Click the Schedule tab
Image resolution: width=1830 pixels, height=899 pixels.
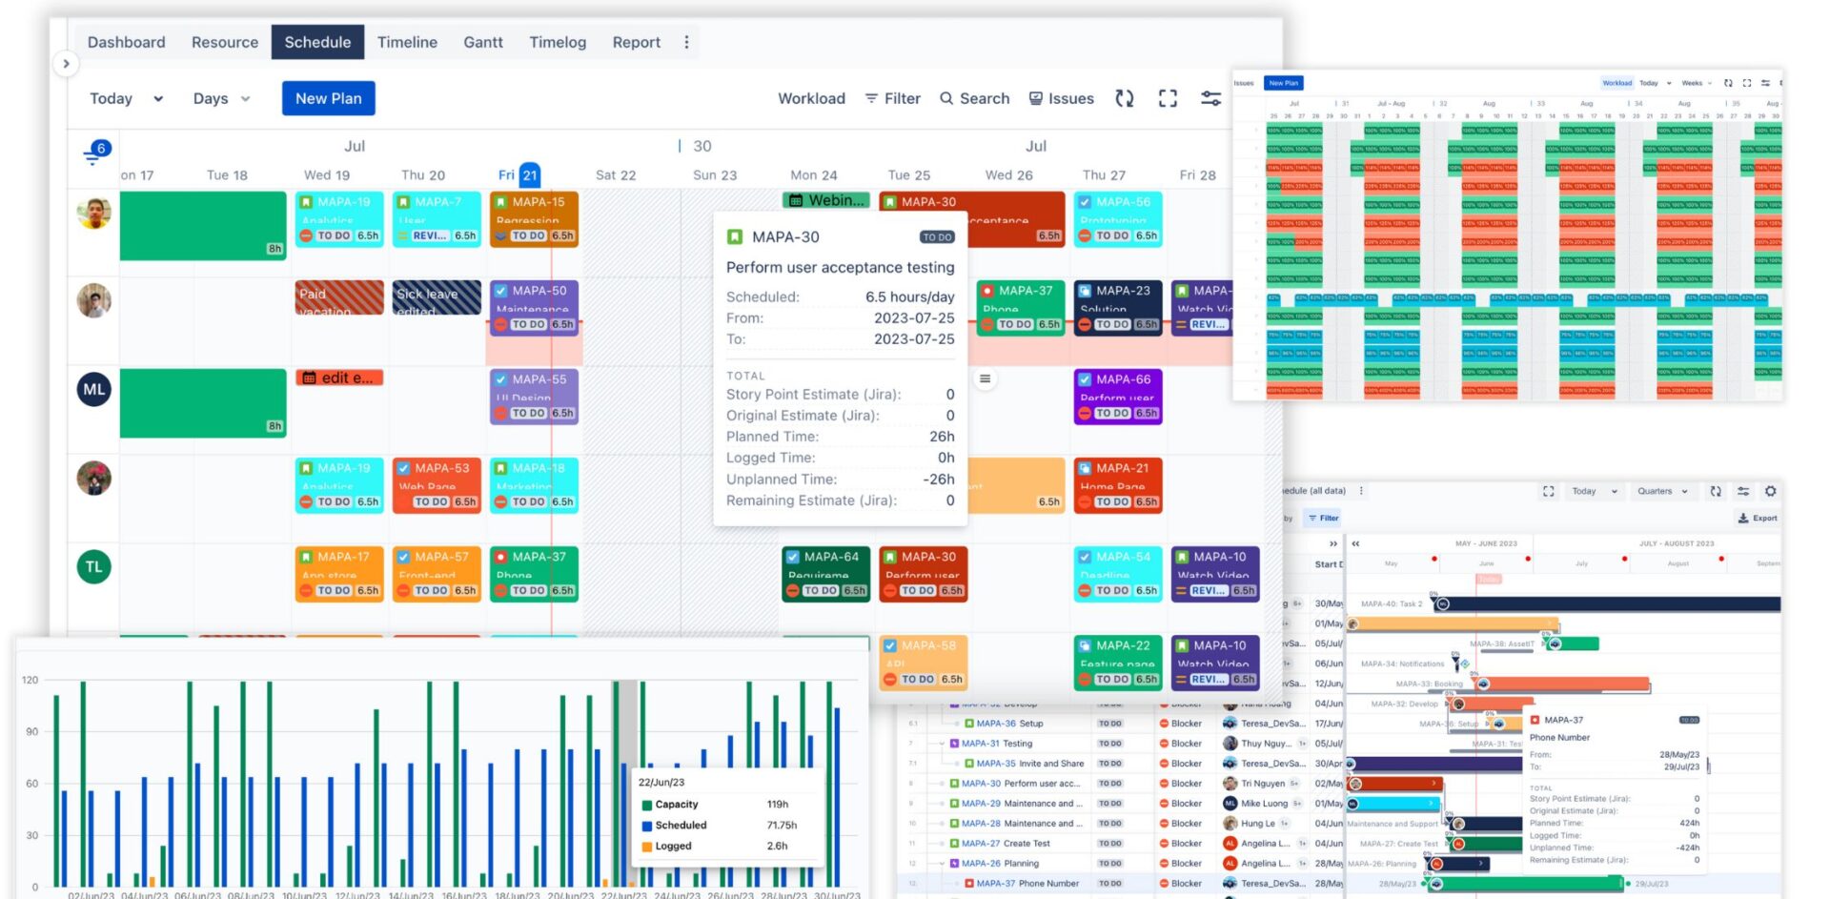pos(317,42)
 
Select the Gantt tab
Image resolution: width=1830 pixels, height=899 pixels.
pos(482,42)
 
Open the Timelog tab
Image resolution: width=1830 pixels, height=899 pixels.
pos(558,42)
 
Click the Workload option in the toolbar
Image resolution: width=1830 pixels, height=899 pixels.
pos(811,98)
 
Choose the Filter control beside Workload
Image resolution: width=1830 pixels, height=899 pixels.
pos(892,98)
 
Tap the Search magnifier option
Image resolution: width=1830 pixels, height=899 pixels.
pos(974,98)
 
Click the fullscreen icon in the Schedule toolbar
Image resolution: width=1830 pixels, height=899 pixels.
pos(1168,98)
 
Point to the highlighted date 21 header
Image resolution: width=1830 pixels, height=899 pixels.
pos(530,174)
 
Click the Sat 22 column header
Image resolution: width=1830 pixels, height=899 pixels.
pos(616,175)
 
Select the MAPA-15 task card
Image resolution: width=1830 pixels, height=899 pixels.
pos(534,218)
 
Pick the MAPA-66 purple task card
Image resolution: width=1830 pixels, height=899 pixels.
pos(1118,396)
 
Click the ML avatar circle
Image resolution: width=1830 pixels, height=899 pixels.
pos(94,389)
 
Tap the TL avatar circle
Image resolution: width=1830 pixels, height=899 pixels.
pos(94,566)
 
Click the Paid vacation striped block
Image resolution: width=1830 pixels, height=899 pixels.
pos(339,297)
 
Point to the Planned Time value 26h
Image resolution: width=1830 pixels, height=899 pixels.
pos(942,437)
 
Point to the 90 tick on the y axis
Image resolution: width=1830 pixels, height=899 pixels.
pos(32,731)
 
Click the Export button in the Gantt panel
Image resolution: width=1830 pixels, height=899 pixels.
pos(1758,519)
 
